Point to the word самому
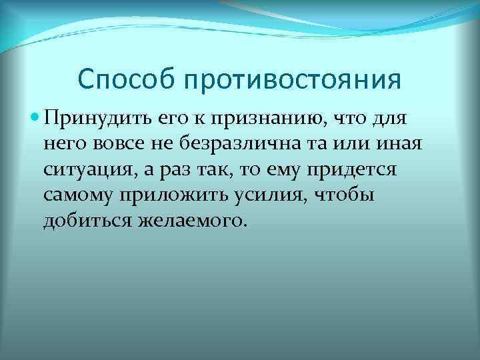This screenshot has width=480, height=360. (x=79, y=195)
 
